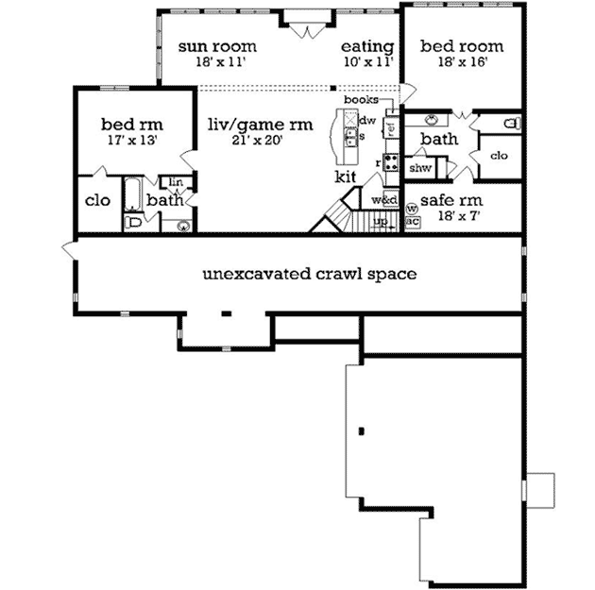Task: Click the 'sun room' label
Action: click(x=218, y=45)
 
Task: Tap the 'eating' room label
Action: click(x=367, y=45)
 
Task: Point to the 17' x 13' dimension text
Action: click(x=132, y=139)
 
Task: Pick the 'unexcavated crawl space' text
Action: click(x=310, y=275)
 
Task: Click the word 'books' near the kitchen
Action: click(x=361, y=99)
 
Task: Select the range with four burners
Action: click(x=388, y=160)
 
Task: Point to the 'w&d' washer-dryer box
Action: click(x=383, y=200)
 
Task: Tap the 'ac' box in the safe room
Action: click(x=412, y=222)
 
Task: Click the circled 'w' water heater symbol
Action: click(x=411, y=209)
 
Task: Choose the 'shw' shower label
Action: click(x=420, y=168)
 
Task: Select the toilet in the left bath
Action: click(x=134, y=224)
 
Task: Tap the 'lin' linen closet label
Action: click(x=176, y=181)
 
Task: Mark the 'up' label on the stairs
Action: click(x=381, y=222)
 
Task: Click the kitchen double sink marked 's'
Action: click(x=349, y=137)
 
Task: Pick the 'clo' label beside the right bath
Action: click(x=500, y=156)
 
